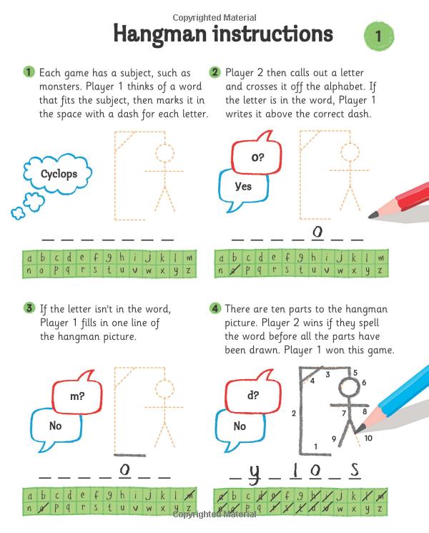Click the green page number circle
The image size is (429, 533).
pyautogui.click(x=379, y=35)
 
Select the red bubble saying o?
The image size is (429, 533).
pyautogui.click(x=255, y=155)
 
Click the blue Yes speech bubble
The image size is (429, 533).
pyautogui.click(x=243, y=187)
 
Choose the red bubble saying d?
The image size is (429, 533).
pyautogui.click(x=253, y=395)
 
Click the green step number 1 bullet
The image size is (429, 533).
pyautogui.click(x=29, y=72)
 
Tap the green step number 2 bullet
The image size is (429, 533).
pyautogui.click(x=214, y=72)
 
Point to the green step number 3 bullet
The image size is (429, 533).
pyautogui.click(x=29, y=308)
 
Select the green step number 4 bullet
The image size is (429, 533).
pyautogui.click(x=214, y=308)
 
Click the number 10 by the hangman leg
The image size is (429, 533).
pyautogui.click(x=368, y=438)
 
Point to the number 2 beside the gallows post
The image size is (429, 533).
pyautogui.click(x=294, y=413)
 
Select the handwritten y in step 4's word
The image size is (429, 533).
pyautogui.click(x=254, y=472)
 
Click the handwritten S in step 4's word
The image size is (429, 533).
pyautogui.click(x=354, y=469)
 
